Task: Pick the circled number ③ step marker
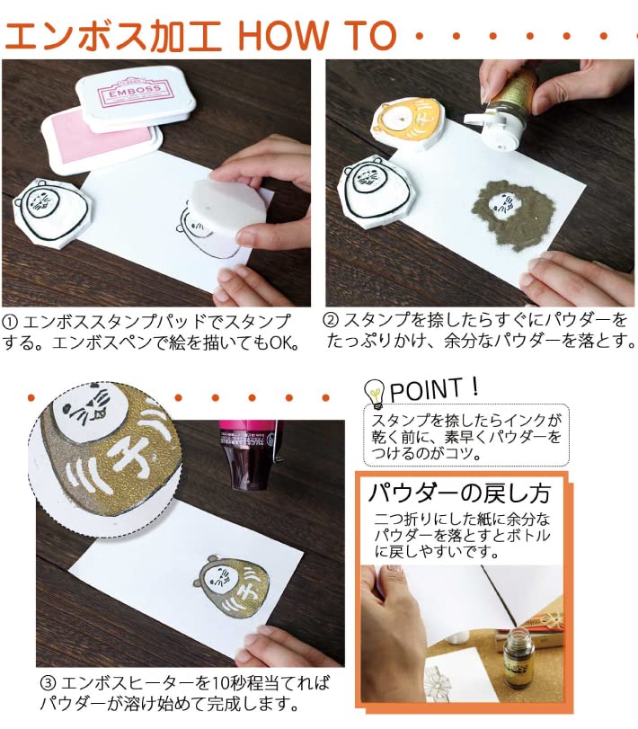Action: (47, 682)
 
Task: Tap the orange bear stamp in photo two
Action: (409, 126)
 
